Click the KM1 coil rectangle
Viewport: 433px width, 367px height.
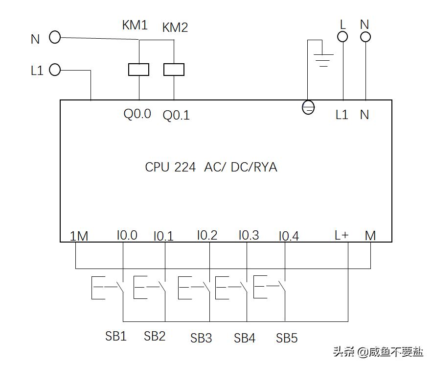pyautogui.click(x=139, y=70)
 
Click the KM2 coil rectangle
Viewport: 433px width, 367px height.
pyautogui.click(x=174, y=70)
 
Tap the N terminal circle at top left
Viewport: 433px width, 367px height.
pyautogui.click(x=55, y=37)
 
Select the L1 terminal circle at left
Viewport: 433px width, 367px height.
pyautogui.click(x=55, y=70)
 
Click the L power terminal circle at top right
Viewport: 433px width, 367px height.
pyautogui.click(x=342, y=36)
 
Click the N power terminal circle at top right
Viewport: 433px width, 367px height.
pyautogui.click(x=365, y=36)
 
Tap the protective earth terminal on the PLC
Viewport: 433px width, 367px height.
pyautogui.click(x=308, y=107)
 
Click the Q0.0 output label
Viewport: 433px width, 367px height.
pyautogui.click(x=137, y=115)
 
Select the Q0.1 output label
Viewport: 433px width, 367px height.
pyautogui.click(x=176, y=116)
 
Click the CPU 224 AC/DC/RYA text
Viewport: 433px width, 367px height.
pyautogui.click(x=211, y=167)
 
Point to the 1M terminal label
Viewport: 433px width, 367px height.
pyautogui.click(x=79, y=236)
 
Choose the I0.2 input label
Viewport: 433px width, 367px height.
pyautogui.click(x=207, y=235)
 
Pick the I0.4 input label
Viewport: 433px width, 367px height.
pyautogui.click(x=289, y=237)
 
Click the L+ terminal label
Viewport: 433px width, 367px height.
pyautogui.click(x=342, y=235)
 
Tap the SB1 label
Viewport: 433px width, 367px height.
pyautogui.click(x=116, y=336)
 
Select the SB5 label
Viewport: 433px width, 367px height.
pyautogui.click(x=287, y=338)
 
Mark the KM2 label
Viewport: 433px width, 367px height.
pyautogui.click(x=175, y=27)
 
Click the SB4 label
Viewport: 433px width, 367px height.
pyautogui.click(x=245, y=338)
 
